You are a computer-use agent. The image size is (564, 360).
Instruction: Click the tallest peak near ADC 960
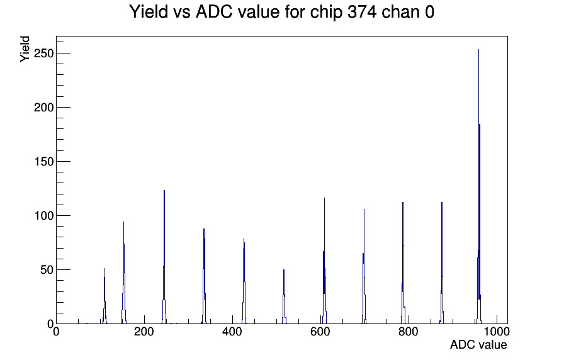pyautogui.click(x=479, y=187)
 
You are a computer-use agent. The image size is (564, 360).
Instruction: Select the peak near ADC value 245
pyautogui.click(x=164, y=257)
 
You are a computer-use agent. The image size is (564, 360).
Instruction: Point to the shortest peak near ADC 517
pyautogui.click(x=284, y=296)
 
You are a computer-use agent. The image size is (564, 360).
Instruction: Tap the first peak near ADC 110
pyautogui.click(x=104, y=296)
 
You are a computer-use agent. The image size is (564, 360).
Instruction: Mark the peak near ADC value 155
pyautogui.click(x=124, y=273)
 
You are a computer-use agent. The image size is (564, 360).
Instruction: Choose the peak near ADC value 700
pyautogui.click(x=364, y=266)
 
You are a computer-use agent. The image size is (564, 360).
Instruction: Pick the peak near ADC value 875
pyautogui.click(x=442, y=263)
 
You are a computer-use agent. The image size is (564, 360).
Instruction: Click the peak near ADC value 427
pyautogui.click(x=244, y=281)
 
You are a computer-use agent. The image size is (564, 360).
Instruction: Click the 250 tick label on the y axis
pyautogui.click(x=43, y=53)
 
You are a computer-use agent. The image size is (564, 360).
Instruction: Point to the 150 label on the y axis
pyautogui.click(x=43, y=162)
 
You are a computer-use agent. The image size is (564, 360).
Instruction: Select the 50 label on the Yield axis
pyautogui.click(x=47, y=270)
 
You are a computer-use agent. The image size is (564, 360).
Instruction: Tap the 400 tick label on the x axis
pyautogui.click(x=232, y=332)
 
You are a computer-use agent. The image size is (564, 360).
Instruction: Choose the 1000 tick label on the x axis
pyautogui.click(x=497, y=332)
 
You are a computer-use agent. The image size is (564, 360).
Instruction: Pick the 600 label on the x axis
pyautogui.click(x=320, y=332)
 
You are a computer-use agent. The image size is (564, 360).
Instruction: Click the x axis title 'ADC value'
pyautogui.click(x=478, y=344)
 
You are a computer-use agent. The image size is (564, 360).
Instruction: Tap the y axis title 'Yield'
pyautogui.click(x=25, y=49)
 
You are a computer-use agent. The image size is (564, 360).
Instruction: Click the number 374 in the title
pyautogui.click(x=362, y=12)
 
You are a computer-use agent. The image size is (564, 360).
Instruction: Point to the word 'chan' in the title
pyautogui.click(x=401, y=12)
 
